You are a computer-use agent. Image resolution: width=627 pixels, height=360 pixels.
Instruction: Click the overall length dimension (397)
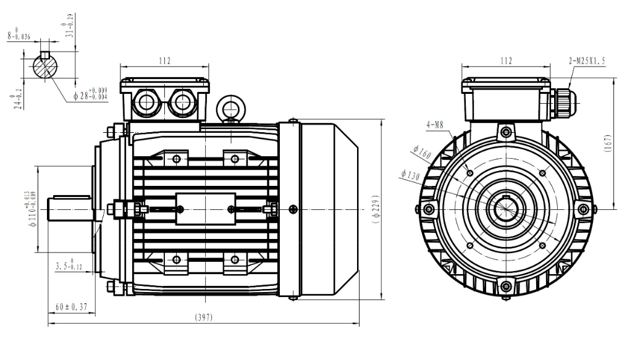point(204,317)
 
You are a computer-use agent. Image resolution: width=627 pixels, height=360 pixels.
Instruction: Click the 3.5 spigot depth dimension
point(69,267)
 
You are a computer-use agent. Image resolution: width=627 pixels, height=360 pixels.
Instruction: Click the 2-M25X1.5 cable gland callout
point(587,61)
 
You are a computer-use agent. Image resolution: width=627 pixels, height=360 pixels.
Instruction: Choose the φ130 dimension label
point(410,175)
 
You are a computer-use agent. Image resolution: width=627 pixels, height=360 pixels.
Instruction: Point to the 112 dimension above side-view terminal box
point(164,61)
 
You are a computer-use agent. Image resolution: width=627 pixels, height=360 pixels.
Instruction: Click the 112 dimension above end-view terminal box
point(506,61)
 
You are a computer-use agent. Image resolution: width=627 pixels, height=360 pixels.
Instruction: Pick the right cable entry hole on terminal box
point(183,101)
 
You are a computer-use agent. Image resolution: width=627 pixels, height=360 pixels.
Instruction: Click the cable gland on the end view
point(563,101)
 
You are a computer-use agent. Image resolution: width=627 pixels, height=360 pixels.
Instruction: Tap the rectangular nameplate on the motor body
point(206,209)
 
